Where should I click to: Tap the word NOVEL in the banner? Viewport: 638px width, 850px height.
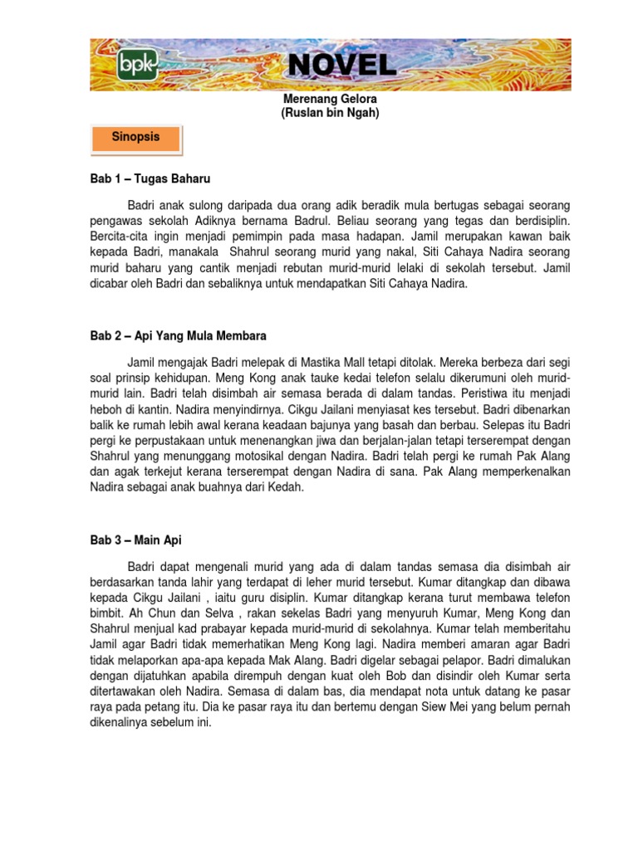(342, 66)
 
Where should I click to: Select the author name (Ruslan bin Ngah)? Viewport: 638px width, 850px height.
(330, 113)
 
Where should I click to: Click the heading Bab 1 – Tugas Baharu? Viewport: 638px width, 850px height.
(150, 178)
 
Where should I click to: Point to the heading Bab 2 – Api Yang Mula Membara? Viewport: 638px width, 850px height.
(178, 336)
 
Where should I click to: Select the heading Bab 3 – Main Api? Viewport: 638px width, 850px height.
(135, 540)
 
